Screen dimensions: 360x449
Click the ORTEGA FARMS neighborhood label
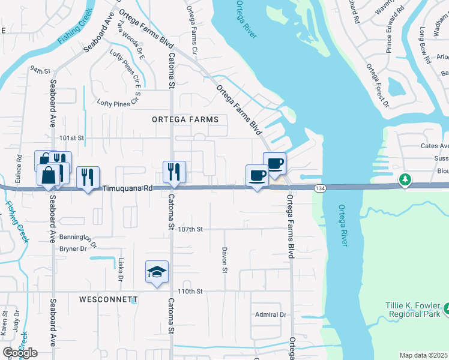tap(181, 119)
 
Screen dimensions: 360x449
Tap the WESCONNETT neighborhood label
tap(108, 299)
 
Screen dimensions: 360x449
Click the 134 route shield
tap(319, 189)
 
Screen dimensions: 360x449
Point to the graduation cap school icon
tap(157, 272)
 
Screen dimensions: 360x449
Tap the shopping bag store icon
tap(48, 175)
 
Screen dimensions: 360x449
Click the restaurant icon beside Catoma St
tap(174, 172)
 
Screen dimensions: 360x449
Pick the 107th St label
tap(191, 229)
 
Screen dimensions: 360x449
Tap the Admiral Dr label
tap(270, 314)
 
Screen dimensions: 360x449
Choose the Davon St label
tap(224, 260)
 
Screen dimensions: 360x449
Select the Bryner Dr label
tap(73, 248)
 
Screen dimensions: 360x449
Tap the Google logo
tap(20, 353)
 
